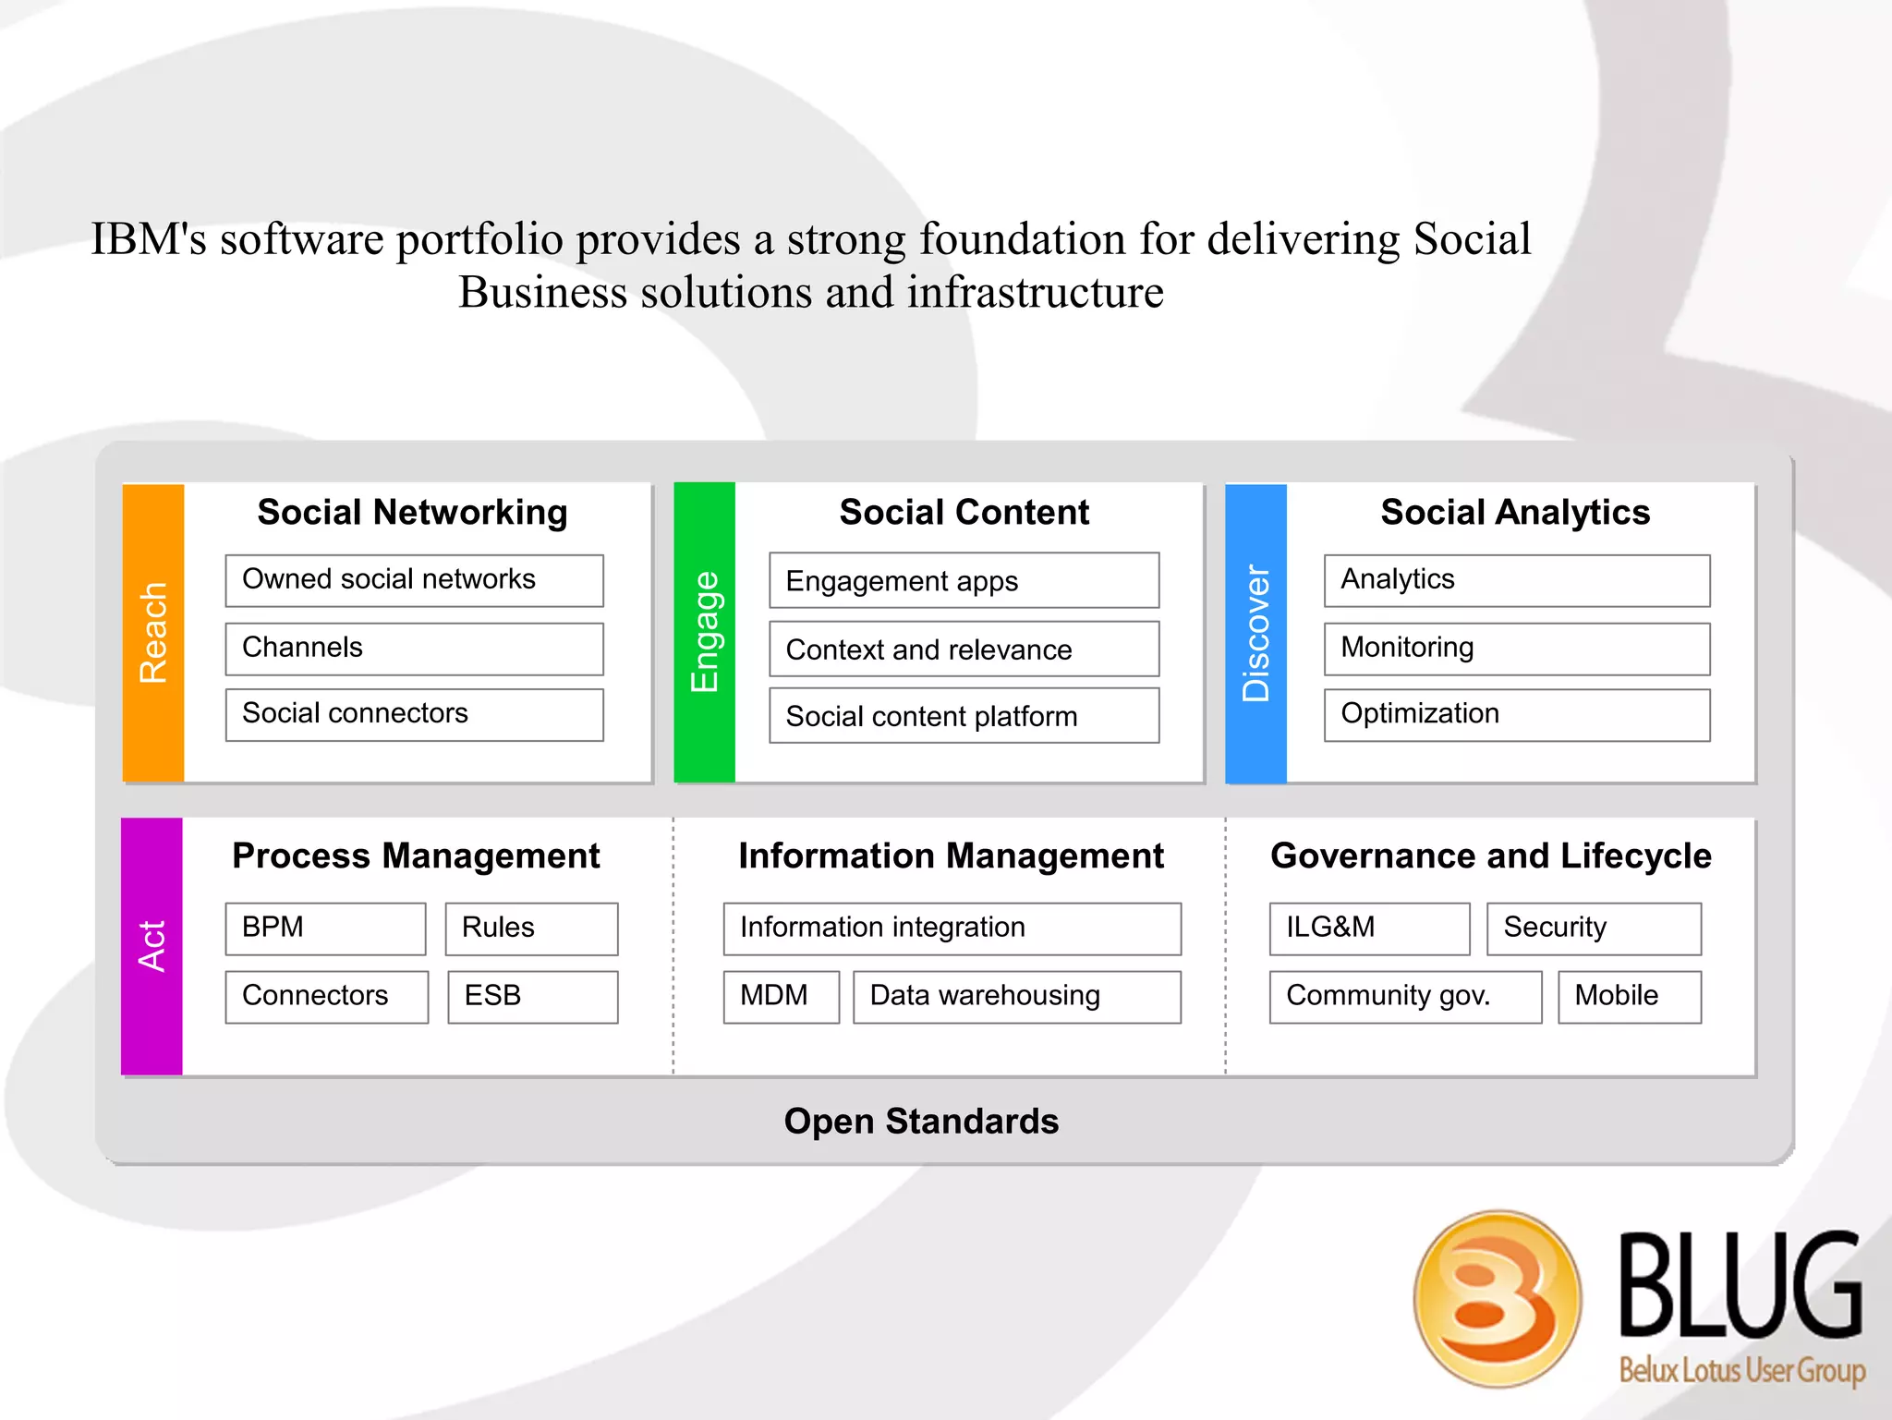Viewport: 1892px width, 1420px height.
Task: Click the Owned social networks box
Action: click(x=414, y=580)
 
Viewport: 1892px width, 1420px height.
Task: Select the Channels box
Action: click(x=414, y=649)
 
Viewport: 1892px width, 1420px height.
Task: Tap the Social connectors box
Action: click(x=414, y=714)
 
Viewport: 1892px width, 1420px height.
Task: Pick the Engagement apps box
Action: click(x=964, y=580)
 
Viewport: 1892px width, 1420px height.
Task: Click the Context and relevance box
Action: click(x=964, y=649)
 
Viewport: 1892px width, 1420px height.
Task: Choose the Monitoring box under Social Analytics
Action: click(x=1516, y=649)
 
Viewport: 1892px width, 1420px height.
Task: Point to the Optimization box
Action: click(x=1516, y=714)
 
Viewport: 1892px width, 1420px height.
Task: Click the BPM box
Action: click(x=325, y=928)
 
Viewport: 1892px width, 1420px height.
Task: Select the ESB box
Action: click(x=532, y=997)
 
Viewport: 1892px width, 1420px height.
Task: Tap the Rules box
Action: click(x=531, y=928)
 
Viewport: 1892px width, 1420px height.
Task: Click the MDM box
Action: click(x=781, y=997)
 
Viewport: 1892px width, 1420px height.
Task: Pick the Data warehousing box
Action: click(x=1016, y=997)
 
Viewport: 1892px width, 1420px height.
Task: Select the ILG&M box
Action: click(x=1369, y=928)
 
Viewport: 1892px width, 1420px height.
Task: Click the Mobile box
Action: click(x=1629, y=997)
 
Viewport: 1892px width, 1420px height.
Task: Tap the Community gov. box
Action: click(x=1405, y=997)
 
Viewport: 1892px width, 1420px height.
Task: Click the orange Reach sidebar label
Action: click(x=153, y=633)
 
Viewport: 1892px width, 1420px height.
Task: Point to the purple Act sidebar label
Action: click(x=152, y=946)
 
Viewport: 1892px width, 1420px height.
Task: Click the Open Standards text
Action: click(x=921, y=1122)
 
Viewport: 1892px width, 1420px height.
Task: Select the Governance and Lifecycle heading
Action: click(x=1490, y=856)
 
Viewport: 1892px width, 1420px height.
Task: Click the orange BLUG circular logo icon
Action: click(x=1497, y=1298)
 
